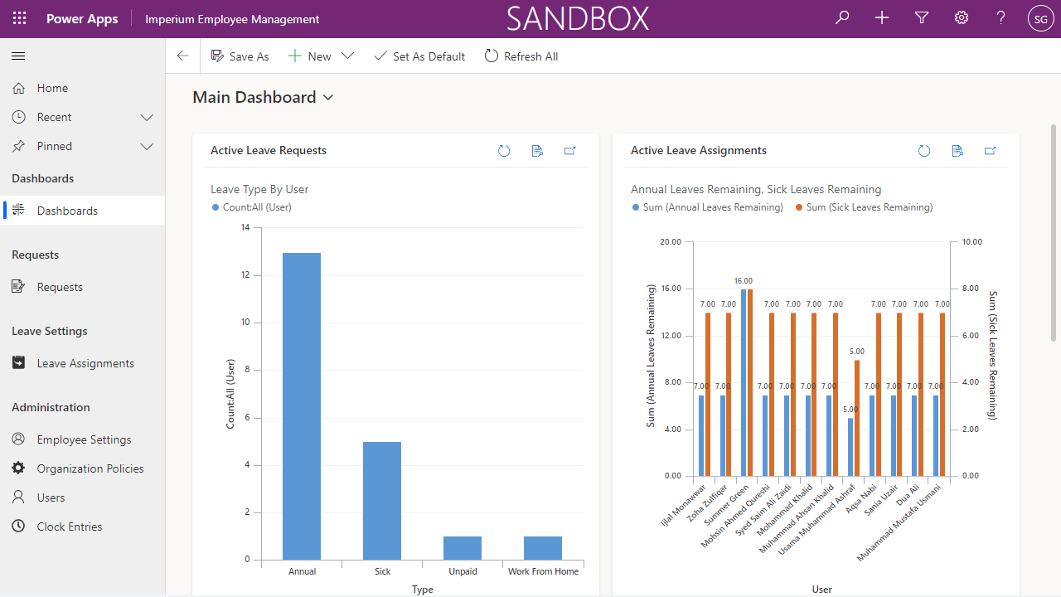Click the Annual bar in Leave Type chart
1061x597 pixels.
coord(302,406)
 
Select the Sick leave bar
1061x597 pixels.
coord(382,501)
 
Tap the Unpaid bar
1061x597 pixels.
coord(463,548)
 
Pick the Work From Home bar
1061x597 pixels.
coord(543,548)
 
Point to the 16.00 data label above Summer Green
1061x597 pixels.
coord(743,281)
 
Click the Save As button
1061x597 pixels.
coord(240,56)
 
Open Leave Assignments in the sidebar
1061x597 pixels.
coord(85,363)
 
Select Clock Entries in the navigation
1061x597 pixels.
coord(70,527)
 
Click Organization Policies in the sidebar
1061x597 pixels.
coord(90,468)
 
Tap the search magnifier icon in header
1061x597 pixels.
coord(842,18)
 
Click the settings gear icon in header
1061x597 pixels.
coord(962,18)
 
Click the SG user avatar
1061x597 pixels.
coord(1040,18)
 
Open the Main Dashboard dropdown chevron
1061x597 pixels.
coord(328,98)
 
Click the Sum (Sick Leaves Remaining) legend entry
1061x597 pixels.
coord(864,207)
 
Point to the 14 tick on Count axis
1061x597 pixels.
coord(245,227)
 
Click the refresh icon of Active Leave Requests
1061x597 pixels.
coord(504,151)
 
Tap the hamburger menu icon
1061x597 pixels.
coord(18,56)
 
